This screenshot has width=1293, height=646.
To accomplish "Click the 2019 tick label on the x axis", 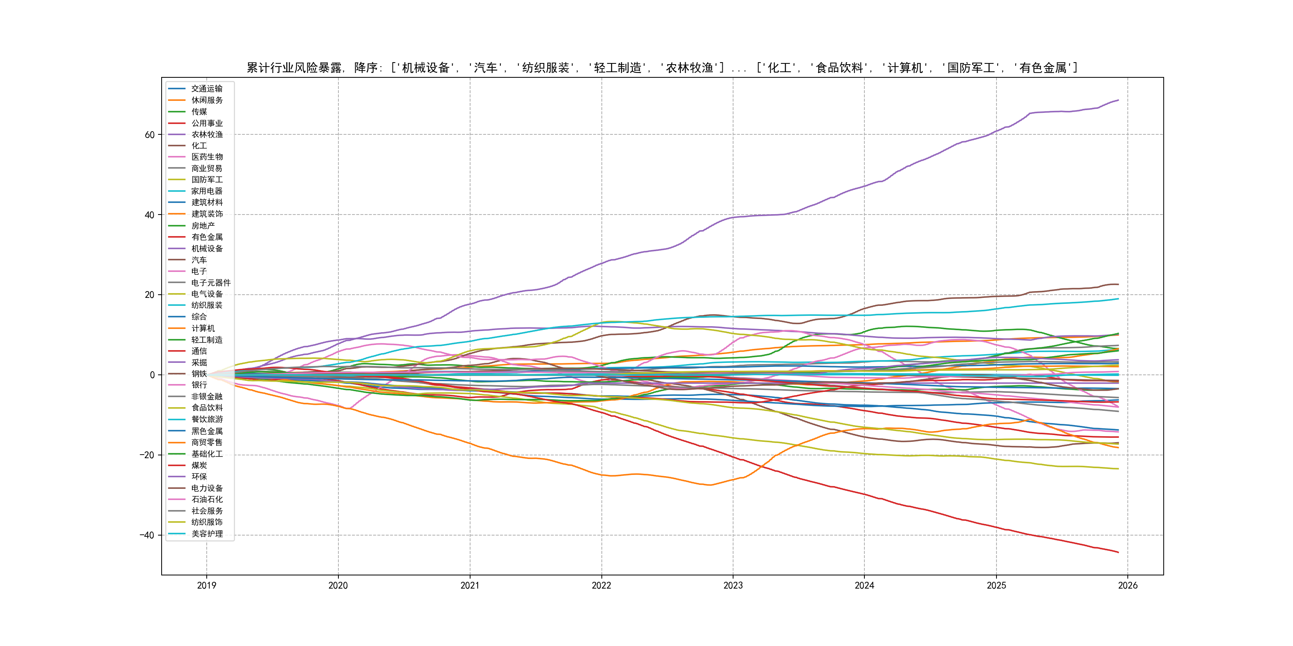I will click(206, 585).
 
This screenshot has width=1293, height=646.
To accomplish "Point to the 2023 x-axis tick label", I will click(733, 585).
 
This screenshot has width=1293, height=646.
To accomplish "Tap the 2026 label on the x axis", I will click(1128, 585).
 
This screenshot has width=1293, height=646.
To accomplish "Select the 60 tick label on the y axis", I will click(150, 135).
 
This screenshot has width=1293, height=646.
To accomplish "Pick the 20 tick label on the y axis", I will click(150, 295).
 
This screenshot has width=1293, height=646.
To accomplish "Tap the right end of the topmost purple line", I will click(1118, 100).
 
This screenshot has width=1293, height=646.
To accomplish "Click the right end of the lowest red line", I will click(1118, 552).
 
